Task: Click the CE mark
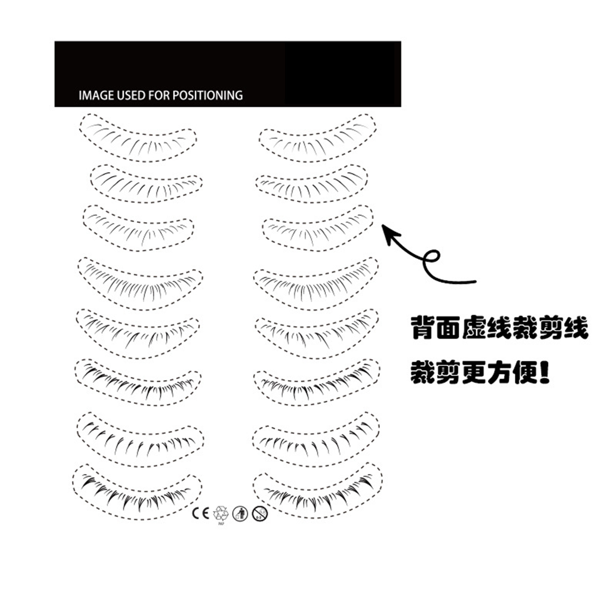[x=201, y=513]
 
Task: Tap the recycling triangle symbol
[x=221, y=514]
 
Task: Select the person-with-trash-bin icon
[x=240, y=514]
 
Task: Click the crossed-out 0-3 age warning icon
[x=260, y=514]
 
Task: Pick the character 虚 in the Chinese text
[x=474, y=328]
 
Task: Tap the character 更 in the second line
[x=474, y=372]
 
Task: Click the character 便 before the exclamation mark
[x=525, y=372]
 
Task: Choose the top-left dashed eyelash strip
[x=138, y=137]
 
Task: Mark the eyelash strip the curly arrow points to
[x=318, y=228]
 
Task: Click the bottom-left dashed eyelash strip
[x=137, y=492]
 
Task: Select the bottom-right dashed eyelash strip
[x=318, y=490]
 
